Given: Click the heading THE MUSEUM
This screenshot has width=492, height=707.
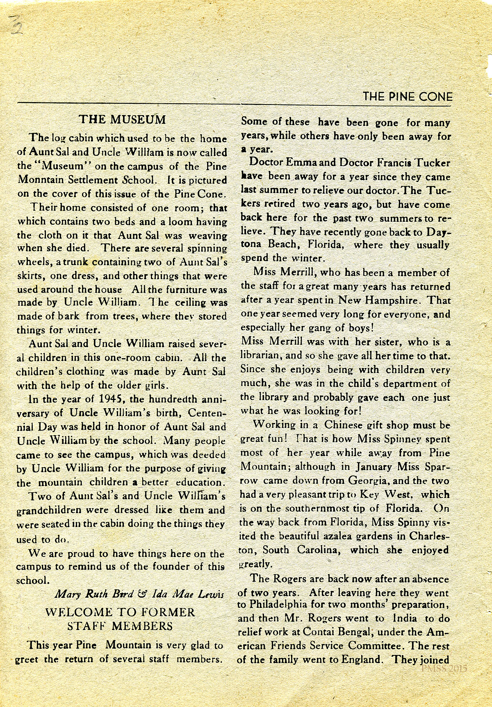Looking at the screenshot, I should coord(122,119).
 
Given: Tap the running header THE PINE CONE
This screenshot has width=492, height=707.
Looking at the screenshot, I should coord(408,97).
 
